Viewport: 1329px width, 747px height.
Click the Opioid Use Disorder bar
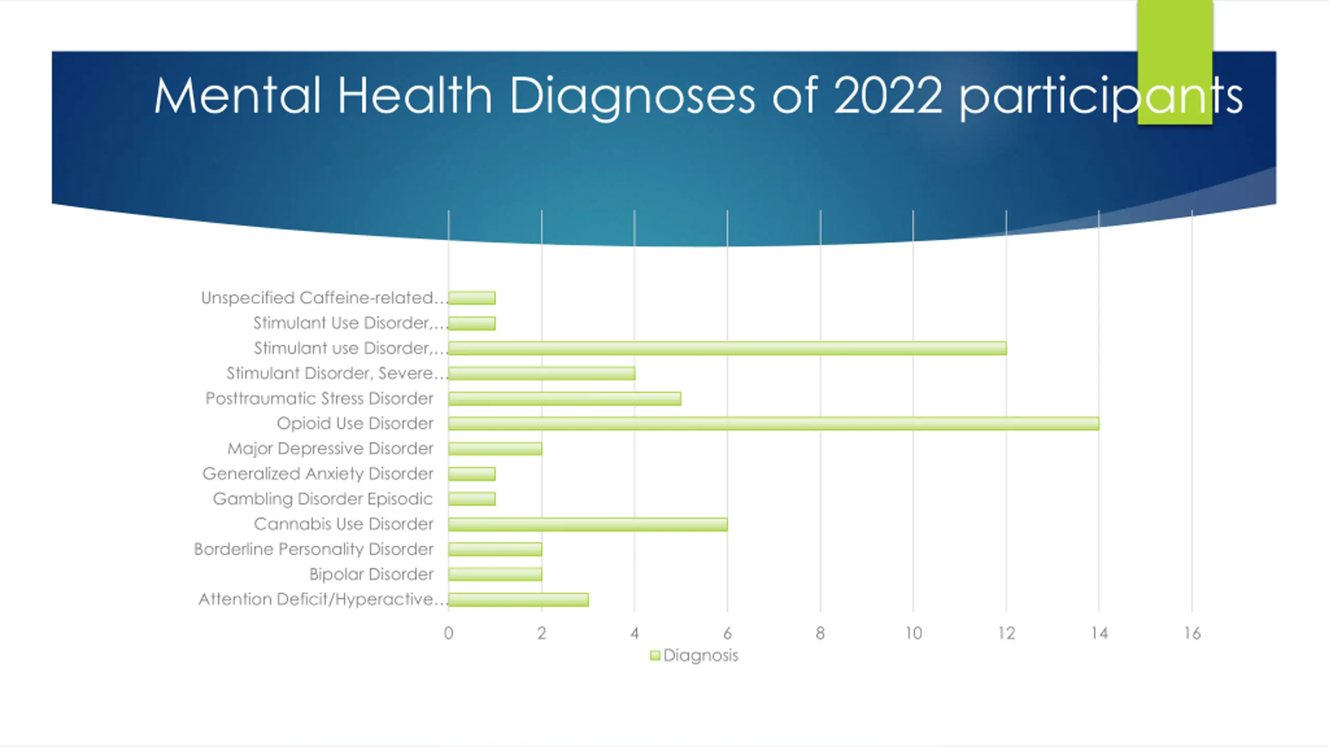tap(774, 423)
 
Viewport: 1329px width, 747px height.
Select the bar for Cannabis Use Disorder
tap(588, 524)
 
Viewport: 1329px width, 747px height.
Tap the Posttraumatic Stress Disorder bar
tap(564, 398)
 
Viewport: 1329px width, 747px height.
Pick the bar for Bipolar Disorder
tap(495, 574)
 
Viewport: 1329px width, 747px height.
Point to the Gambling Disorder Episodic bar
tap(471, 499)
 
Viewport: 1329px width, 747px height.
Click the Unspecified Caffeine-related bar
tap(471, 298)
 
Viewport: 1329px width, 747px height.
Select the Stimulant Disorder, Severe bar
tap(541, 374)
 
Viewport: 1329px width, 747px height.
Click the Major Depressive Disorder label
tap(330, 448)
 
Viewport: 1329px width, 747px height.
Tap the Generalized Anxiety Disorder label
tap(318, 474)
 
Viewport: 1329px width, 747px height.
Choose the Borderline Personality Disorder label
tap(314, 549)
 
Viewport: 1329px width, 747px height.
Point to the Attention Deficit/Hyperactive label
tap(322, 599)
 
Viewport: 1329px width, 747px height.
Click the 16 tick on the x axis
tap(1192, 633)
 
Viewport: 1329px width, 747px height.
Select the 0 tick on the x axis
tap(449, 633)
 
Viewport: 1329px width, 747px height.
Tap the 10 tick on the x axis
tap(913, 633)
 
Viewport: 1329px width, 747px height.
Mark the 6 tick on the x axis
tap(727, 633)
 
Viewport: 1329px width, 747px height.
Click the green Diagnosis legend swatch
tap(655, 656)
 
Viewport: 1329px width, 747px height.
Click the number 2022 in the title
tap(887, 96)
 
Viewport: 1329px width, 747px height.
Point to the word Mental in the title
tap(237, 96)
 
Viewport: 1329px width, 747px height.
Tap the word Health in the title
tap(414, 96)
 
